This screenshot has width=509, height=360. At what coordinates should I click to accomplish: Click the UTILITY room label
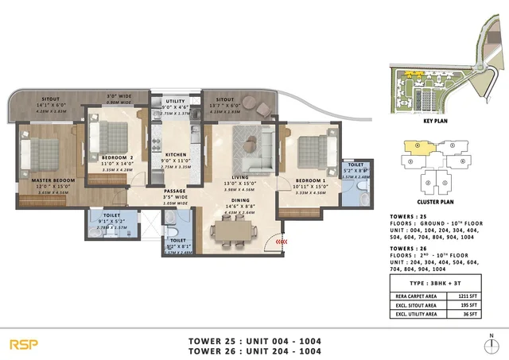coord(174,102)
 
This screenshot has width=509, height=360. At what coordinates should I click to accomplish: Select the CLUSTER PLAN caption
coord(434,201)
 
